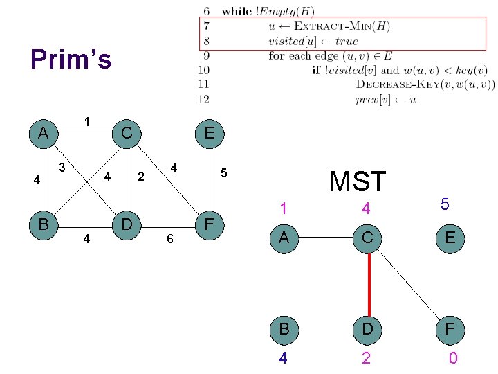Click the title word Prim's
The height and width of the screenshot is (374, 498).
point(71,60)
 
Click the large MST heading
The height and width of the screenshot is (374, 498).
point(358,181)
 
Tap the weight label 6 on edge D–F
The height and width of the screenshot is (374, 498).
point(169,239)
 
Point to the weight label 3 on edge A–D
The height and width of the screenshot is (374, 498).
point(62,167)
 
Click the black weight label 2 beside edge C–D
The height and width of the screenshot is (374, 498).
point(141,177)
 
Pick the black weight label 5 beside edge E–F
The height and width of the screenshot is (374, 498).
point(223,172)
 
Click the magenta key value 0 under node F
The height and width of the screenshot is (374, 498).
point(452,358)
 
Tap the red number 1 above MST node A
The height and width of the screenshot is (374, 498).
point(283,208)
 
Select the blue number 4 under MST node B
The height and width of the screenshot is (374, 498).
point(283,358)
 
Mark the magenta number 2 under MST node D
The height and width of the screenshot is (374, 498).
point(366,358)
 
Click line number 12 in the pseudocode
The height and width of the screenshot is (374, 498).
point(203,99)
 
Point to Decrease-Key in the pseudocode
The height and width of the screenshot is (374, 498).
point(399,84)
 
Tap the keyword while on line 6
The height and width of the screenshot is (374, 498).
point(237,12)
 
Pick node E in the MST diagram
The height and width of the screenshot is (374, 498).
point(450,238)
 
